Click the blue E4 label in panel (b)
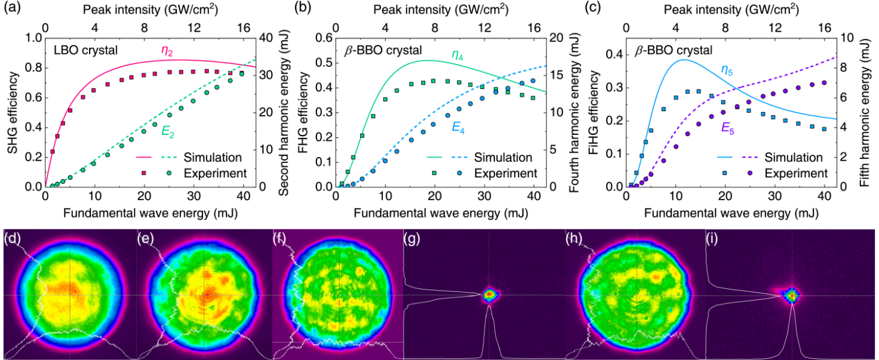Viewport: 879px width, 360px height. coord(460,127)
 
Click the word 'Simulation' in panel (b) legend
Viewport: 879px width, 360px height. coord(503,158)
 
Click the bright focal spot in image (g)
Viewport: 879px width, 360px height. coord(489,293)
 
